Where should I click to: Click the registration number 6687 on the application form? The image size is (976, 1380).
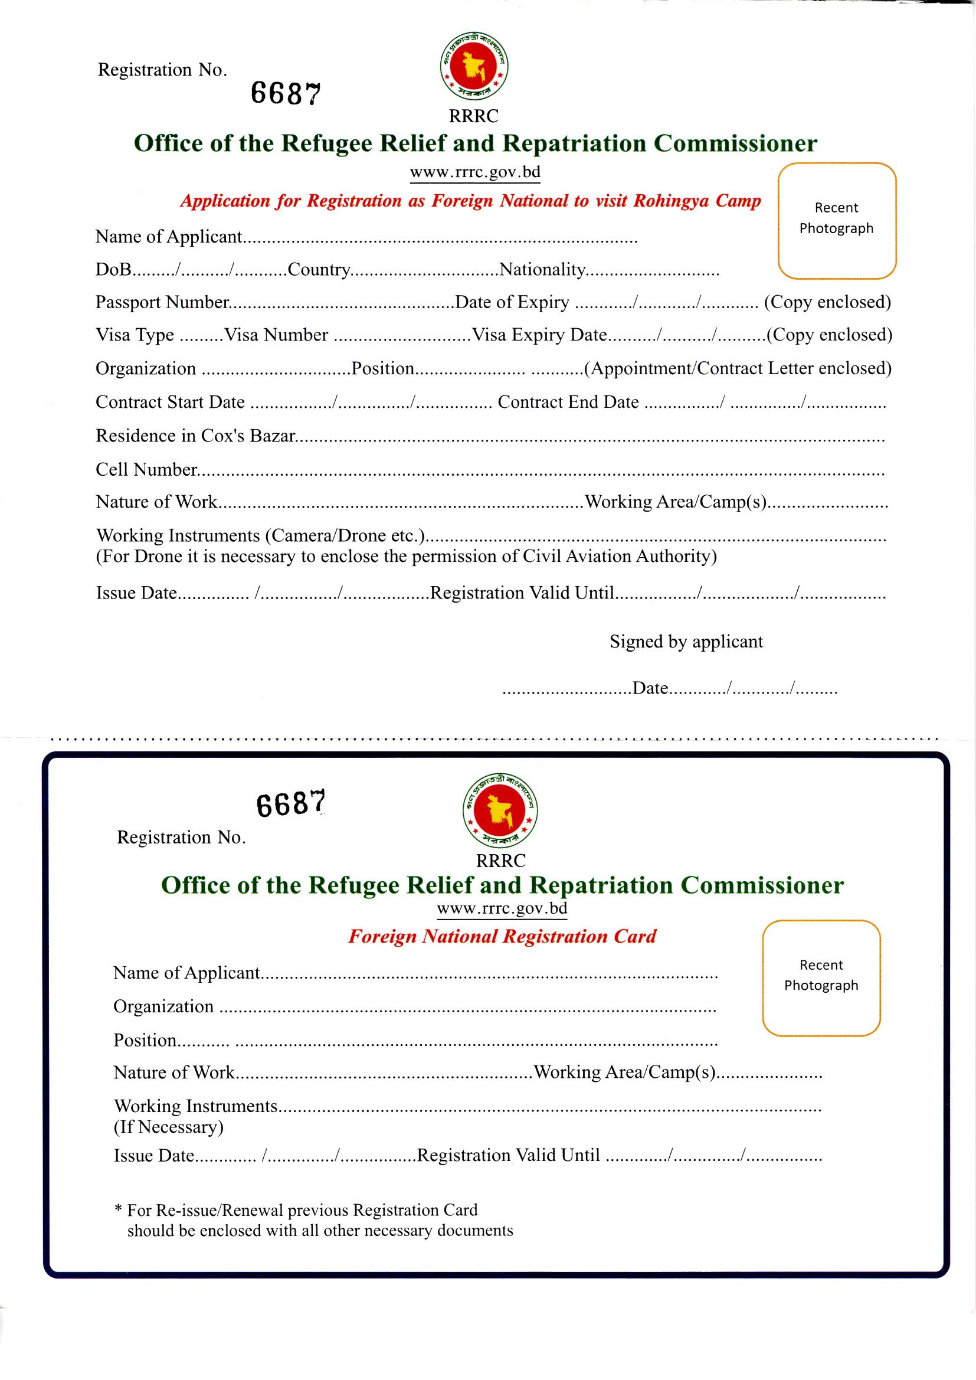[x=286, y=94]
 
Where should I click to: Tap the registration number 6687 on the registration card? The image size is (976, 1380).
[x=291, y=803]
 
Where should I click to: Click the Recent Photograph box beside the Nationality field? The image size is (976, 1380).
[x=837, y=221]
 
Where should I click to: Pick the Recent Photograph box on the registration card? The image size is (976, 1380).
[x=821, y=978]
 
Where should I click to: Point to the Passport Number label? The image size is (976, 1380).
[x=162, y=302]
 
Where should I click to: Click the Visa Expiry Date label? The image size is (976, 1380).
[x=539, y=335]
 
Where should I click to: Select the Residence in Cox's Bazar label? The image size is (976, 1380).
[x=195, y=436]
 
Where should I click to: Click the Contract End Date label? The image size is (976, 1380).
[x=568, y=402]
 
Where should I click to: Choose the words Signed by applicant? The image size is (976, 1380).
[x=686, y=642]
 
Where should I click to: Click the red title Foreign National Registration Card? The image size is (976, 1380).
[x=502, y=936]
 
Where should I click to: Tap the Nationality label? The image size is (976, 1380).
[x=542, y=269]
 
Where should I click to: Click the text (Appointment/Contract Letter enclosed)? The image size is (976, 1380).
[x=738, y=368]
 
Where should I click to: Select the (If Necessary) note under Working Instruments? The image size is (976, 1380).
[x=168, y=1127]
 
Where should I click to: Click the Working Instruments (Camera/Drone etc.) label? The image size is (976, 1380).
[x=261, y=535]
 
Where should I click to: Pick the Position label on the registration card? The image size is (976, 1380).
[x=145, y=1041]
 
